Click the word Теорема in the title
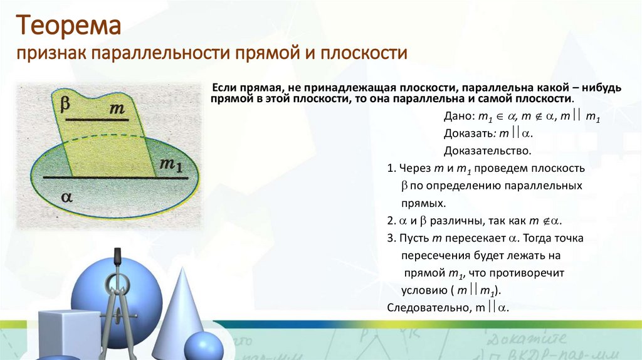pos(68,27)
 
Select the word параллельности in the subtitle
pos(162,53)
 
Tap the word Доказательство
pos(488,151)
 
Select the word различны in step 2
pos(451,221)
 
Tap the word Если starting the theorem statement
pos(223,88)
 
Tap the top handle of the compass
pos(117,256)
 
